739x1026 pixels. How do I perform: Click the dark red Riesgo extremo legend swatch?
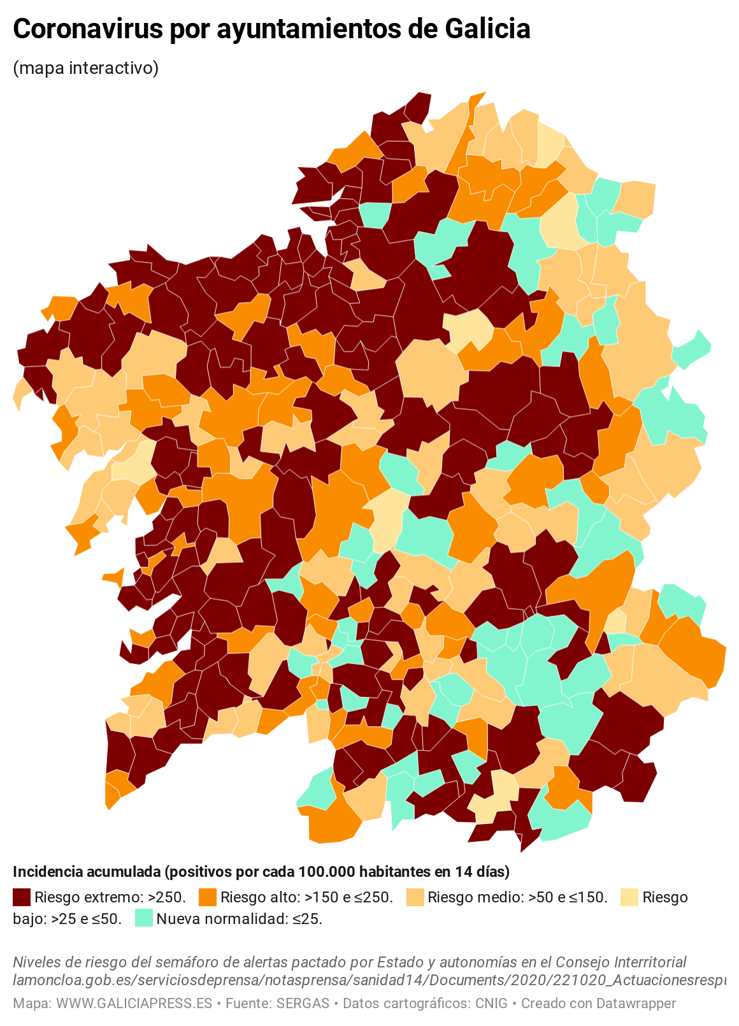22,897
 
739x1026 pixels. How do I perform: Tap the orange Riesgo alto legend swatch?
208,897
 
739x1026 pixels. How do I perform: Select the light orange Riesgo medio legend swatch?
415,897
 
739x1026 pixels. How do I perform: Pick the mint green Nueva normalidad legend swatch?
144,919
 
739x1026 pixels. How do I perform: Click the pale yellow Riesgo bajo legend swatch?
629,897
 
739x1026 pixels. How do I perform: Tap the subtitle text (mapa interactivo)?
85,68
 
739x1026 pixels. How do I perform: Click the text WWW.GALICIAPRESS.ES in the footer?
134,1004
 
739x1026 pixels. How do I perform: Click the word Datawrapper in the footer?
635,1004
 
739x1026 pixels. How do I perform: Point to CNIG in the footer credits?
491,1004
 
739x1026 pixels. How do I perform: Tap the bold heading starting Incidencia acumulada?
261,871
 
